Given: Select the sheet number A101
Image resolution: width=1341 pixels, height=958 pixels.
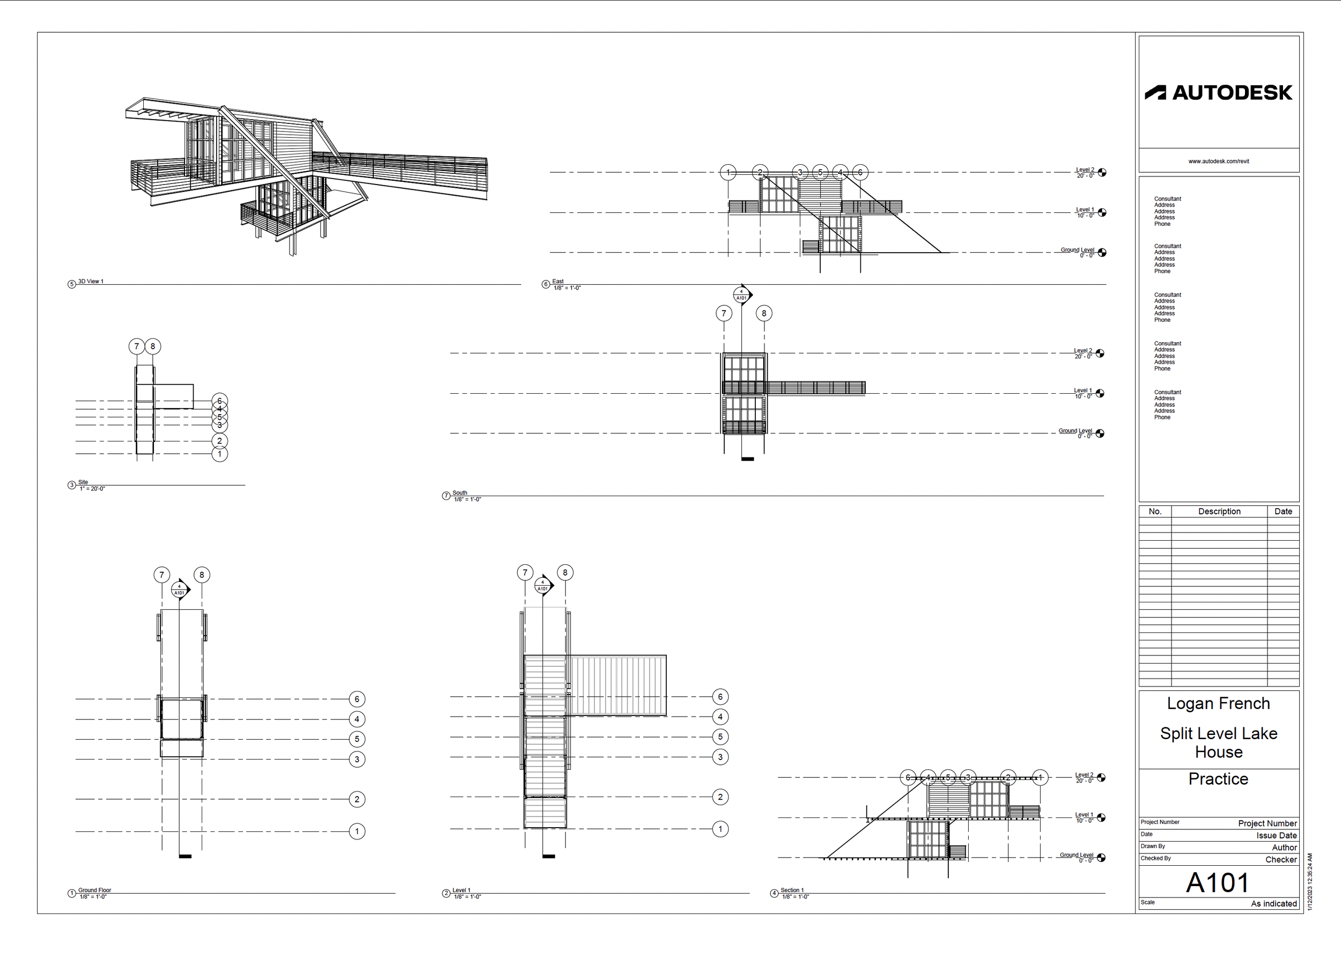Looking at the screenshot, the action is pos(1218,882).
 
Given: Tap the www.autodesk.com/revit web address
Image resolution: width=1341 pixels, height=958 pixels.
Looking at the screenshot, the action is pos(1218,161).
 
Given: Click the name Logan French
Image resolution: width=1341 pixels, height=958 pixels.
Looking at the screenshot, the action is pos(1218,703).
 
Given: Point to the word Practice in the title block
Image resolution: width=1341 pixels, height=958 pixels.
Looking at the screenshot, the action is pos(1218,779).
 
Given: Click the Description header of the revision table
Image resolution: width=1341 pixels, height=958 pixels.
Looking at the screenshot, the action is pos(1219,511).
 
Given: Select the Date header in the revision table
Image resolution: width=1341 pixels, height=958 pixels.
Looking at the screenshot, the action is pos(1283,511).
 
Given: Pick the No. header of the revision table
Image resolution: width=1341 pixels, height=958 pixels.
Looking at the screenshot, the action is pos(1154,511).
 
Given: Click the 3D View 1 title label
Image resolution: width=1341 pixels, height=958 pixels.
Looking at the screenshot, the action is pos(91,282).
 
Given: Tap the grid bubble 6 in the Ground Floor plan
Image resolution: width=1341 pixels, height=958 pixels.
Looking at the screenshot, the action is pos(357,699).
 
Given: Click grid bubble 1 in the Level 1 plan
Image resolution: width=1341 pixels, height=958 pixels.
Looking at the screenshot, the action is pos(720,829).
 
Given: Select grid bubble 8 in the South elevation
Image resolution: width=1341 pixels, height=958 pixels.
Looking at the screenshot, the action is pos(764,313).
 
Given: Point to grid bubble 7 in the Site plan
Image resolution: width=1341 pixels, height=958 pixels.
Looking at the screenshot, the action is pos(137,347).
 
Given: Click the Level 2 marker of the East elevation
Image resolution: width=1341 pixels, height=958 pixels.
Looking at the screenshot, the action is pos(1101,172).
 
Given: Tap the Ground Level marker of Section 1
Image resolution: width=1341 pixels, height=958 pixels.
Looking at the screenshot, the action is pos(1101,858).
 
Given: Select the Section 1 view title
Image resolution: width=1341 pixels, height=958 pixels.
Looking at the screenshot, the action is pos(792,890).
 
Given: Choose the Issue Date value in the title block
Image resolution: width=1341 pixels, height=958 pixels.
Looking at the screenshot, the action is pos(1276,835).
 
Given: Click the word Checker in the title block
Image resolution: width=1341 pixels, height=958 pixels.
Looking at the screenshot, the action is pos(1281,859).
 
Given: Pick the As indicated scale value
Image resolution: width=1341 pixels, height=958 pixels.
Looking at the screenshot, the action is pos(1274,903).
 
